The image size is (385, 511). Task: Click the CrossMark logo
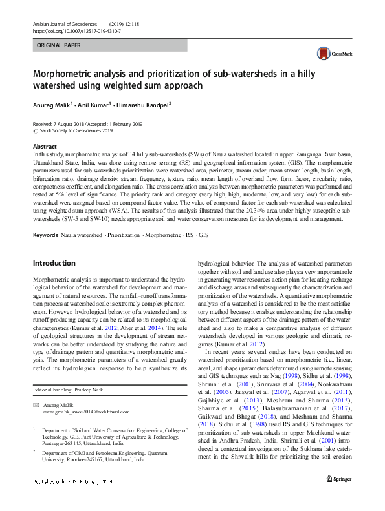(330, 53)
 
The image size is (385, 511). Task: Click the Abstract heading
(44, 147)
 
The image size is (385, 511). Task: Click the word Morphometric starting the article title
(67, 74)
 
